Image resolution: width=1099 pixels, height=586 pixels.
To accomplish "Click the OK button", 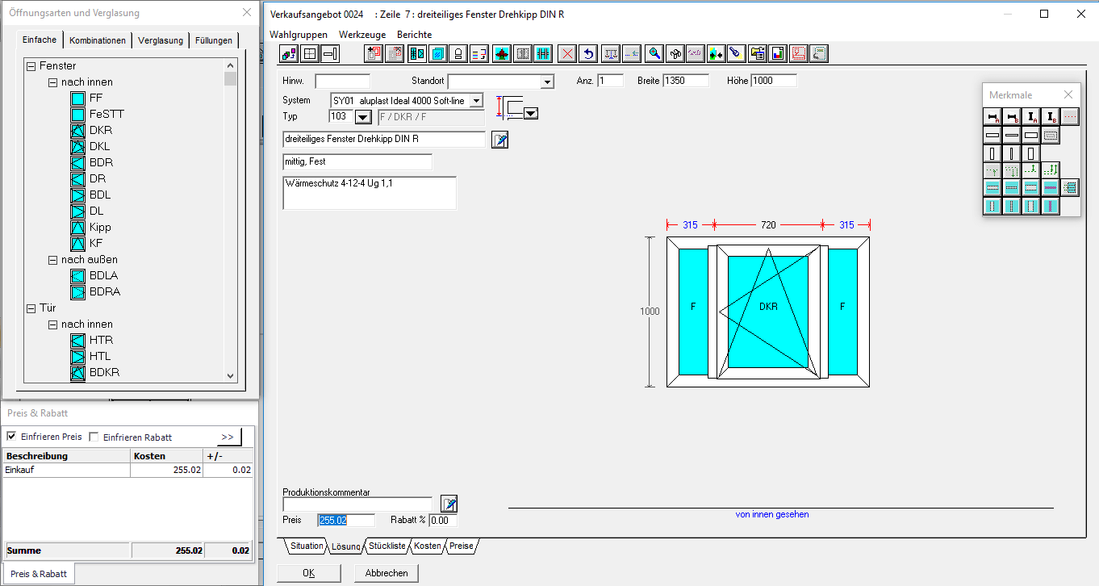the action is coord(308,573).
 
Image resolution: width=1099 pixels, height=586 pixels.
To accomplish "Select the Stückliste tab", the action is coord(387,546).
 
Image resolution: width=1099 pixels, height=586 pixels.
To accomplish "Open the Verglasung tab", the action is coord(161,40).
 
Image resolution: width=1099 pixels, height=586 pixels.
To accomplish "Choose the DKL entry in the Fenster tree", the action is coord(99,146).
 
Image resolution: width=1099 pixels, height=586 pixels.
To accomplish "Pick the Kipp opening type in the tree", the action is coord(100,228).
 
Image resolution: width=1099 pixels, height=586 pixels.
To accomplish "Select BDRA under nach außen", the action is coord(105,291).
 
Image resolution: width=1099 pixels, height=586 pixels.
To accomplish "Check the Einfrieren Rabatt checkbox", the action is coord(94,437).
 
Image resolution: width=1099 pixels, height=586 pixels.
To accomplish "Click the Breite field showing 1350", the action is coord(685,81).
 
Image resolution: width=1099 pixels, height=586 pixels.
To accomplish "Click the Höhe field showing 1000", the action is coord(774,81).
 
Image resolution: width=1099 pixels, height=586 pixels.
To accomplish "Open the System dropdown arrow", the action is coord(476,101).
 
